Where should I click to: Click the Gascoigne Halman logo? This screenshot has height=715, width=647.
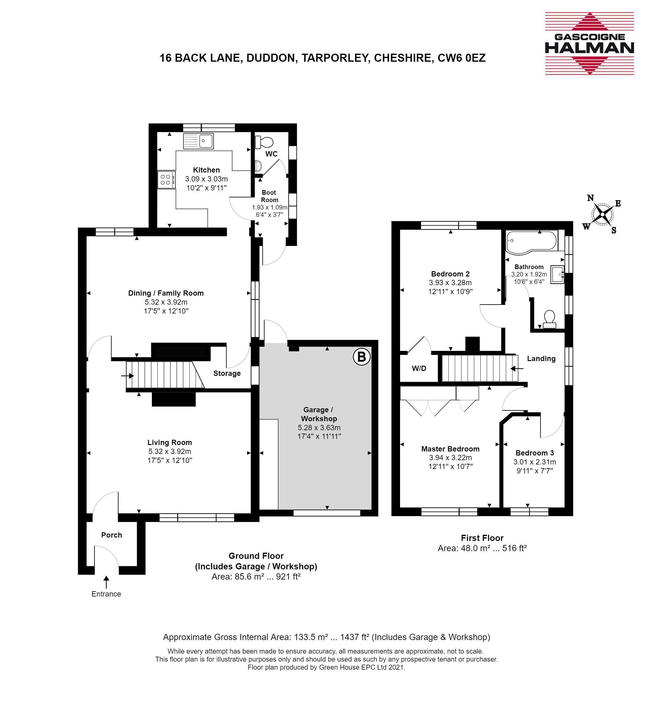(589, 43)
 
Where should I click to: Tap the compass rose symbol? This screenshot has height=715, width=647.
(602, 214)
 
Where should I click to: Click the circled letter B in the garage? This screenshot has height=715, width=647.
(361, 357)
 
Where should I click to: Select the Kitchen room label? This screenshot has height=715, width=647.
(207, 170)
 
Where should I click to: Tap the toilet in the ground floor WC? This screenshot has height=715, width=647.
(264, 142)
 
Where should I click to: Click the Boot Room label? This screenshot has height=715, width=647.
(269, 196)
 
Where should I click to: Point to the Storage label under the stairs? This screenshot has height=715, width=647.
(227, 373)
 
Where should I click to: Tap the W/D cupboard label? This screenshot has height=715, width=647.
(419, 368)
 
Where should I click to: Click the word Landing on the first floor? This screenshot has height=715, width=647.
(541, 358)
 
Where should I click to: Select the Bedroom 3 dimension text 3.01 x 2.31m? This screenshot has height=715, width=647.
(535, 462)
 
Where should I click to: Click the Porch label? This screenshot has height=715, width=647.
(111, 535)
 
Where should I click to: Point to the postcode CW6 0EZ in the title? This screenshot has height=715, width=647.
(461, 57)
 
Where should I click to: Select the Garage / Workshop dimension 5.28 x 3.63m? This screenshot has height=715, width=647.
(319, 427)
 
